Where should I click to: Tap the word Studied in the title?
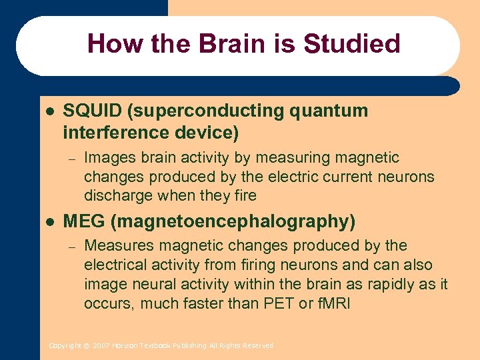tap(351, 44)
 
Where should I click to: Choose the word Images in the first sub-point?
tap(108, 158)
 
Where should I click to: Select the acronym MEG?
tap(83, 221)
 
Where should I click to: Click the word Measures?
tap(115, 246)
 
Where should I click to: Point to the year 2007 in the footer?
tap(101, 345)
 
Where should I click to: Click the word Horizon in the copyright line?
tap(124, 345)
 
